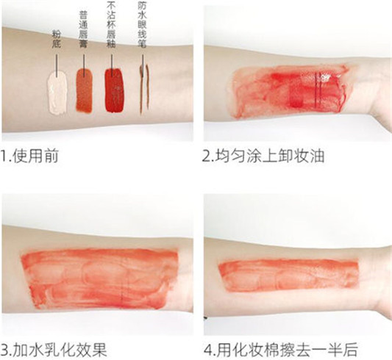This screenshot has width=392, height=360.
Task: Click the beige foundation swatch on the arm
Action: coord(57,92)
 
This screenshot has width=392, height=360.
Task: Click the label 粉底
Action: coord(57,38)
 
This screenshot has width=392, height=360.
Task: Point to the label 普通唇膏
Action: coord(83,26)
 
